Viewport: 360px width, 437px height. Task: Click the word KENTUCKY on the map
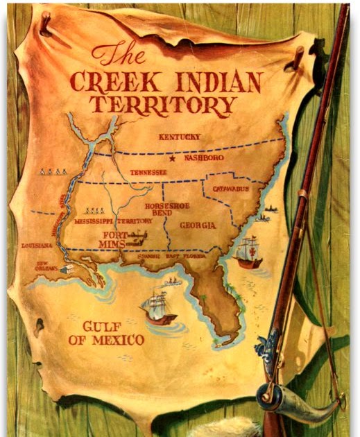pyautogui.click(x=180, y=137)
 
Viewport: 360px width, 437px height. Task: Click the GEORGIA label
pyautogui.click(x=198, y=226)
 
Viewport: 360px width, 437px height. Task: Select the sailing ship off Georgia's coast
pyautogui.click(x=248, y=253)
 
